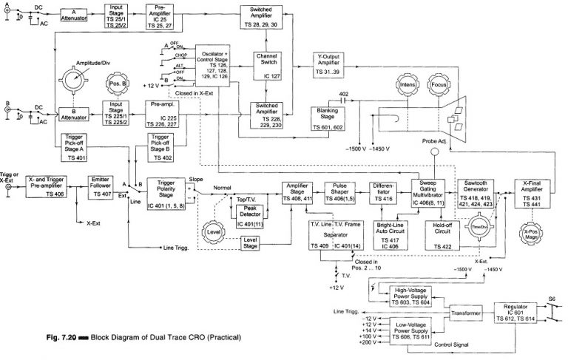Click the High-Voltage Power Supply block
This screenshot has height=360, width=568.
[x=410, y=296]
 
